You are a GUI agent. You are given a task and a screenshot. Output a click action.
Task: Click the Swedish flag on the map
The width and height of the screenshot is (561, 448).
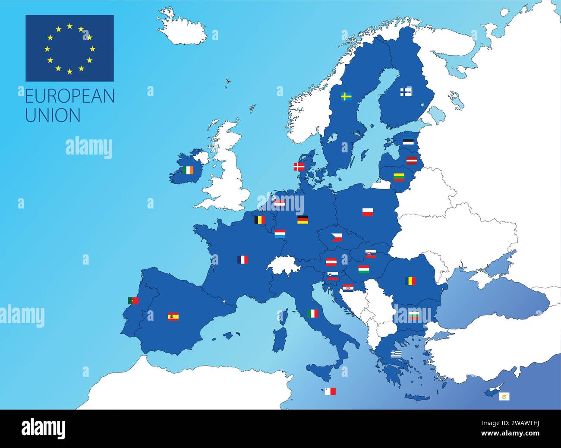point(346,96)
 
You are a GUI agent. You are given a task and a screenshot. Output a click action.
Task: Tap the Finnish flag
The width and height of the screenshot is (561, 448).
point(406,92)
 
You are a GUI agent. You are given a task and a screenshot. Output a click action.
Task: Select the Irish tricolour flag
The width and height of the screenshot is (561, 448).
point(188,170)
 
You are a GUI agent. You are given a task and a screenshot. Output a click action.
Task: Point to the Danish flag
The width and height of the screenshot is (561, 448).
point(299,167)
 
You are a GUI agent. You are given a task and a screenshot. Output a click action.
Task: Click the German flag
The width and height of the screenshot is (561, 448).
point(303,220)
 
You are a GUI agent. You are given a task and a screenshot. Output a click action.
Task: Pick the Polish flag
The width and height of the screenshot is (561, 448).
point(368,212)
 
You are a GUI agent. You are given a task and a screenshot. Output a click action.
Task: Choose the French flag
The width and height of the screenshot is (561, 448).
point(243,259)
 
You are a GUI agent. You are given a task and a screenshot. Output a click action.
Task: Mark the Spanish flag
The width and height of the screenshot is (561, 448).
point(173,317)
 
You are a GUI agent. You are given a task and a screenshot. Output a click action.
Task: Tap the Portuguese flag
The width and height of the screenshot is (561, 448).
point(133,301)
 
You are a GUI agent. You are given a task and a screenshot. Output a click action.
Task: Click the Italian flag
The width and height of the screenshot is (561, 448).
point(312,314)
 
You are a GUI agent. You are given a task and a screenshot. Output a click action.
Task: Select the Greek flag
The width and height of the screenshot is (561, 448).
point(396,354)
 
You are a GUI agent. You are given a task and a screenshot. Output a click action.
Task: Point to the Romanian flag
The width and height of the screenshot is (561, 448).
point(410,281)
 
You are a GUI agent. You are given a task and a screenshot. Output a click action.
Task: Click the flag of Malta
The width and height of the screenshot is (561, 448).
point(330,391)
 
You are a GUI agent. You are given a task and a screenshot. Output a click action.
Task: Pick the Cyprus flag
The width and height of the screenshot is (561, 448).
point(504,396)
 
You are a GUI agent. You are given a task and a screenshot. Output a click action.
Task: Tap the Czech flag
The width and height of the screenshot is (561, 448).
point(337,237)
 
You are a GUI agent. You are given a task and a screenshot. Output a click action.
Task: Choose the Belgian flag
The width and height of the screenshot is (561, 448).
point(259,220)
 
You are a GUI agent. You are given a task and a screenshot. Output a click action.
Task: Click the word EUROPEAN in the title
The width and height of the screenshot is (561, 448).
point(70,96)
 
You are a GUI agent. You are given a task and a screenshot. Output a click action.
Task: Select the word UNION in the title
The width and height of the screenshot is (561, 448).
point(53,115)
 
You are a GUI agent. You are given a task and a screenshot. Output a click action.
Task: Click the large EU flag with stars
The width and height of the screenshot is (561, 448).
point(69,48)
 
